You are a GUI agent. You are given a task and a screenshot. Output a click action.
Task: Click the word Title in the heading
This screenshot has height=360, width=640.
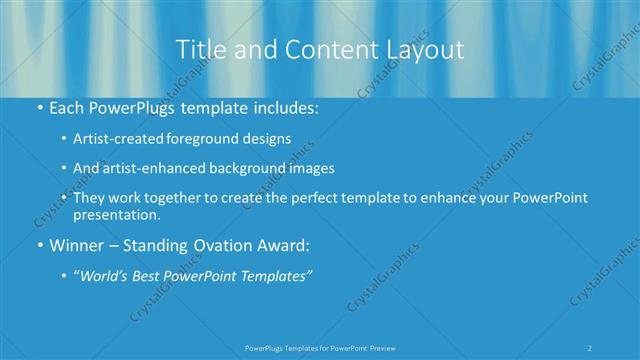pyautogui.click(x=198, y=50)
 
